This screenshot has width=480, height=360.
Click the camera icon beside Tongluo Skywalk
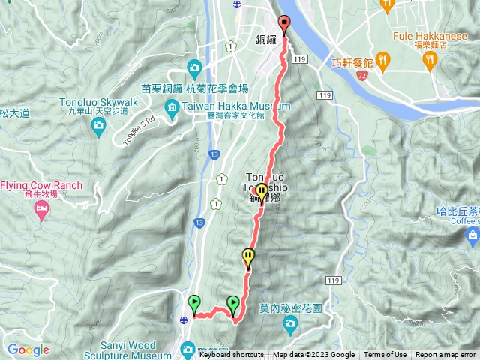point(98,127)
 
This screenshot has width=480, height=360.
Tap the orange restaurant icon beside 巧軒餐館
point(382,58)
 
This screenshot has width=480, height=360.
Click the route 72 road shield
point(362,76)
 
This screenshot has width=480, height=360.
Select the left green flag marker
point(194,304)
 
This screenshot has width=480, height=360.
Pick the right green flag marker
point(233,304)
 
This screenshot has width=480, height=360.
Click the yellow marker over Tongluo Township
point(261,192)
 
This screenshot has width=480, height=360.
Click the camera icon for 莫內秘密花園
point(290,324)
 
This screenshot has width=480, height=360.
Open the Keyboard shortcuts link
point(231,355)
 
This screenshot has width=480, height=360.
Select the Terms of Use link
point(385,355)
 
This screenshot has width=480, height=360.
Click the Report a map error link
point(446,355)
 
